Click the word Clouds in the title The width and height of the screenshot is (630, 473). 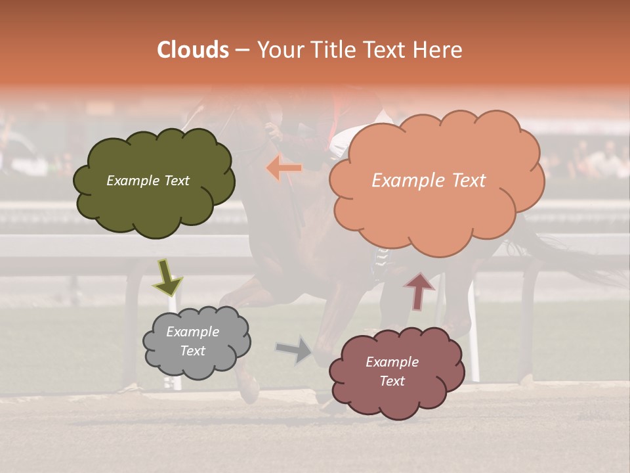pos(194,50)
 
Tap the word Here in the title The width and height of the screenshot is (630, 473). pos(438,50)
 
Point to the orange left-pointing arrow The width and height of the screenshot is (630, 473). pos(284,168)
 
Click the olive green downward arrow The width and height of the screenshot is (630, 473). pos(167,277)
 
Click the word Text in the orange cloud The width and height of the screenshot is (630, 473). pos(464,181)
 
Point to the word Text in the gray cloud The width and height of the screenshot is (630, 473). pos(192,351)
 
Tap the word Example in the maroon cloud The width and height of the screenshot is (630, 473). pos(392,362)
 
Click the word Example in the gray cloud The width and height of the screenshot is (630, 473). pos(192,332)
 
